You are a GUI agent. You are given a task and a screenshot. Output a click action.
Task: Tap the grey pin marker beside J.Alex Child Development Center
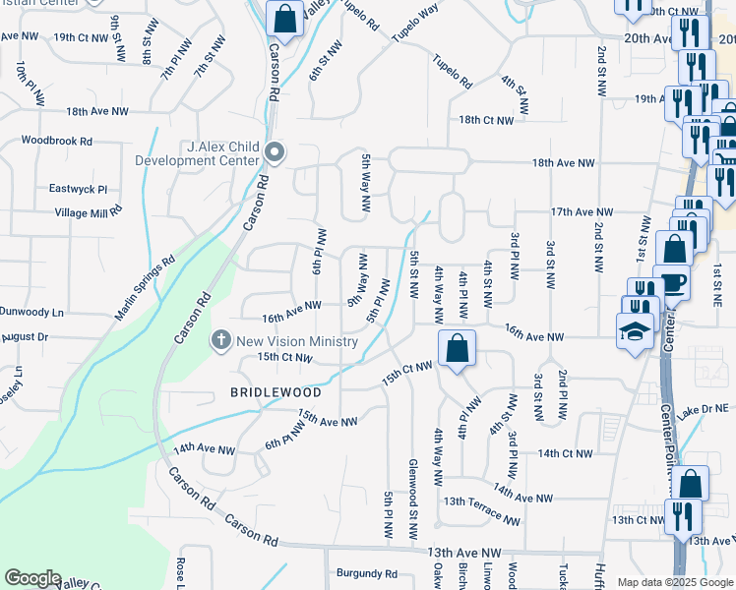pyautogui.click(x=276, y=153)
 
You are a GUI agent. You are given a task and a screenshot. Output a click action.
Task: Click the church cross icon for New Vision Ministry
pyautogui.click(x=221, y=340)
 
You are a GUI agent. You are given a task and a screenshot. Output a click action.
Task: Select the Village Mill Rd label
pyautogui.click(x=89, y=211)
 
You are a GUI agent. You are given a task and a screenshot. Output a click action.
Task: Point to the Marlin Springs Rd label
pyautogui.click(x=144, y=288)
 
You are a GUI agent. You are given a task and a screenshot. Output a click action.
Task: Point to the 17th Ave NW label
pyautogui.click(x=582, y=211)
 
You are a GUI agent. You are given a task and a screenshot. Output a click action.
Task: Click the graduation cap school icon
pyautogui.click(x=635, y=330)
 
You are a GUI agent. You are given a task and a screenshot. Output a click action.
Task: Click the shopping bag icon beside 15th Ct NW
pyautogui.click(x=458, y=348)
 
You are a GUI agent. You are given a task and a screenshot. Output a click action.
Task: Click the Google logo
pyautogui.click(x=32, y=578)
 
